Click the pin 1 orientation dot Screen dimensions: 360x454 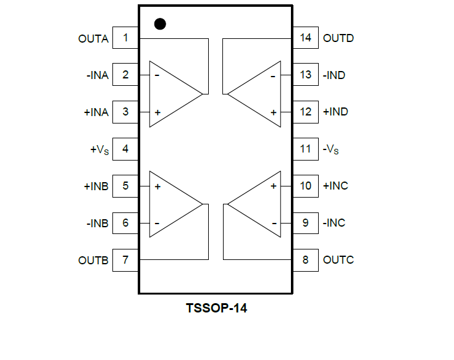[160, 24]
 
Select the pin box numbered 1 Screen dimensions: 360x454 [125, 38]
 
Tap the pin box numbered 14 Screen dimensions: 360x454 [306, 38]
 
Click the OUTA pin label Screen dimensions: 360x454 [93, 39]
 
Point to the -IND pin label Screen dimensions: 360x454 [334, 75]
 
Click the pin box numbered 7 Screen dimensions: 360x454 [125, 260]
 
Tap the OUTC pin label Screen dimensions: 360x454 [338, 260]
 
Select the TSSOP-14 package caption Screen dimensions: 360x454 [216, 308]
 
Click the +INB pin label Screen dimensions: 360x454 [96, 186]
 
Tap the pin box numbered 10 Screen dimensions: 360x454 [306, 186]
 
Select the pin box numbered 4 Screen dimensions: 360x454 [125, 149]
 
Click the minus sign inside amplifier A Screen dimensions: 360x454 [158, 75]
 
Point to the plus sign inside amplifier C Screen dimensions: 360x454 [273, 186]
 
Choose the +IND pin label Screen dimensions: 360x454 [335, 112]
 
